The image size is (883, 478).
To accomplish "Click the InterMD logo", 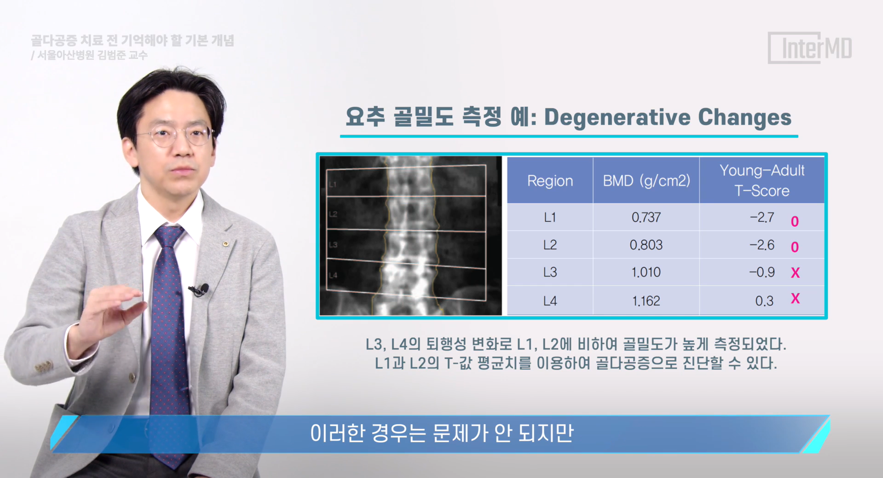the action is [810, 48].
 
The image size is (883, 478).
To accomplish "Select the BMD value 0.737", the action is [646, 217].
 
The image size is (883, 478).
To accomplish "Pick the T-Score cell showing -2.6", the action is [762, 245].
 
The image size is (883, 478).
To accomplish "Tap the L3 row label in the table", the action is [550, 272].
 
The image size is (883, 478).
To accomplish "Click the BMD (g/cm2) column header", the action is [646, 181].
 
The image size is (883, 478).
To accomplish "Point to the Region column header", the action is [550, 181].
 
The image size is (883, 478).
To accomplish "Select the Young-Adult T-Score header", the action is [762, 180].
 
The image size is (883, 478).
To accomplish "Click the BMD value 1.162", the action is [646, 301].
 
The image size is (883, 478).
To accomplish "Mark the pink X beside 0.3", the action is [795, 299].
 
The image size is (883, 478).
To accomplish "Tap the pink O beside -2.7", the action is [795, 222].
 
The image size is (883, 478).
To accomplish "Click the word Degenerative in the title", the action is [618, 118].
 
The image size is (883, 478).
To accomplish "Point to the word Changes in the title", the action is [745, 118].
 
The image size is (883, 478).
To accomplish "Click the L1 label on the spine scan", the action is [333, 184].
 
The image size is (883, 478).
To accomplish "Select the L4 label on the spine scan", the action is [333, 275].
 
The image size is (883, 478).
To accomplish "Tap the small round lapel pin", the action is [225, 243].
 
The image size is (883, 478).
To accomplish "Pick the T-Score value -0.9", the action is [762, 272].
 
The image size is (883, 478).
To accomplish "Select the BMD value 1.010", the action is [646, 272].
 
